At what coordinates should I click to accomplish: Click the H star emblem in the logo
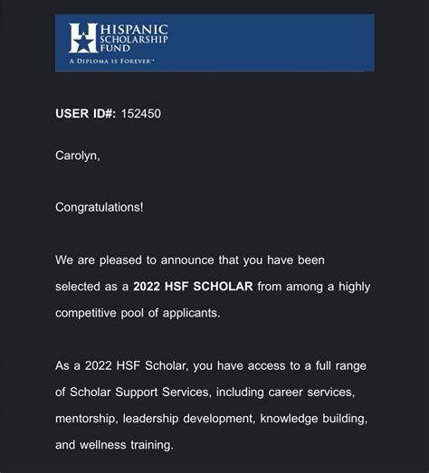click(83, 38)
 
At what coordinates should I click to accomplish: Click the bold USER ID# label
click(85, 114)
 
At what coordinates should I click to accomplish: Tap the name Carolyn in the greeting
click(76, 156)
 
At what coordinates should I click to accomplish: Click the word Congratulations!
click(100, 207)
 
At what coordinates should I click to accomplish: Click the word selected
click(78, 287)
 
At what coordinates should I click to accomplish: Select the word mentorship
click(88, 419)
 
